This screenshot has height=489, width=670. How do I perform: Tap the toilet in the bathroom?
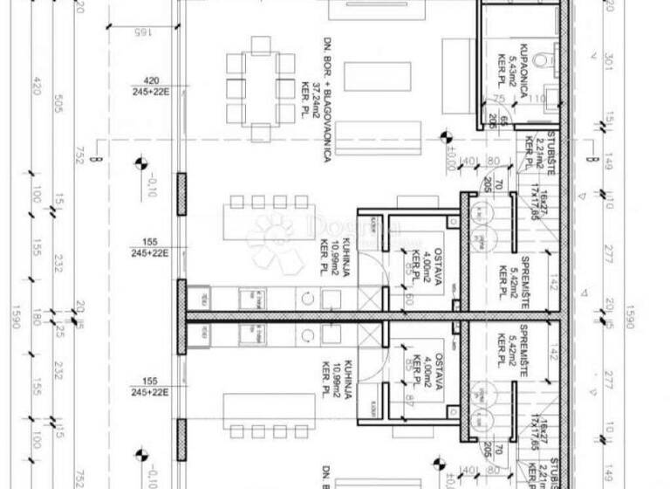coord(544,60)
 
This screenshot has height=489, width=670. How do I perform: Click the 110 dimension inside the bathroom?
coord(537,99)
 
